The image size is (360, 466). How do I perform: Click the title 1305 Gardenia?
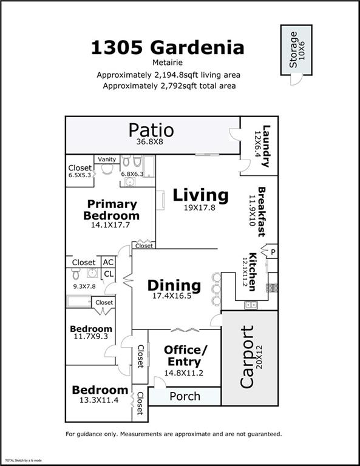click(x=168, y=47)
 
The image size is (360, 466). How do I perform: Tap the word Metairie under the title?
click(x=168, y=62)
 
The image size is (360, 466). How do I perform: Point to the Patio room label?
click(x=151, y=130)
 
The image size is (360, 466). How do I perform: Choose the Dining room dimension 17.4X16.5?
click(x=174, y=296)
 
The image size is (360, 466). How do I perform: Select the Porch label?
click(x=185, y=397)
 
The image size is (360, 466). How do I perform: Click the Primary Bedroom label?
click(x=111, y=210)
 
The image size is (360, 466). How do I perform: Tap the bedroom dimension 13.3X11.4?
click(x=100, y=401)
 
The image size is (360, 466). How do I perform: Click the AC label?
click(x=108, y=262)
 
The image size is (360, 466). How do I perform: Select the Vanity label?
click(x=107, y=160)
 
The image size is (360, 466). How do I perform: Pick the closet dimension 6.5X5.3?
click(x=80, y=175)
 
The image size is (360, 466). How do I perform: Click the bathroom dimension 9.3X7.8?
click(x=84, y=286)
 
